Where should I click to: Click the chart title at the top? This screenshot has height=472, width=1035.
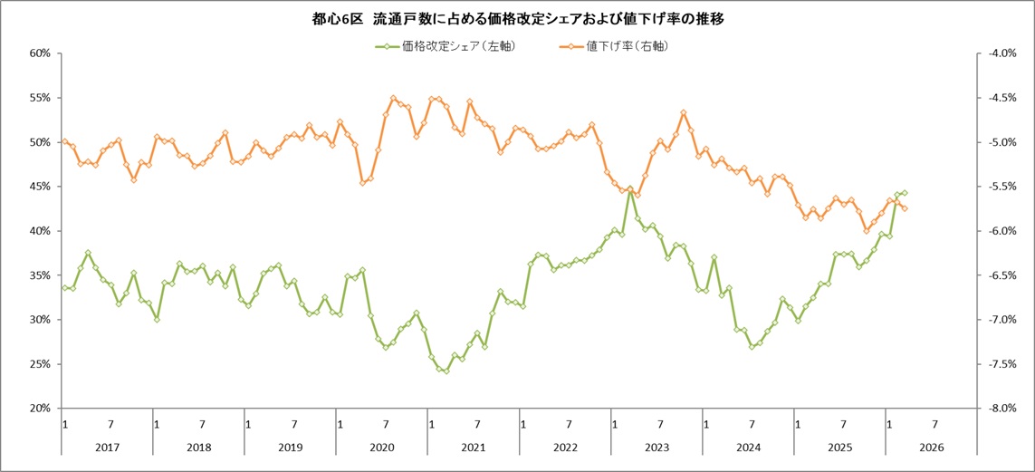[x=517, y=18]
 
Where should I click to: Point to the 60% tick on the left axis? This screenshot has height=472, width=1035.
[x=38, y=53]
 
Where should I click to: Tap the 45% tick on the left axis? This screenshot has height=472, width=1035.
[x=38, y=187]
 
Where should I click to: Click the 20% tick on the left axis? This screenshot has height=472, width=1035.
[x=38, y=409]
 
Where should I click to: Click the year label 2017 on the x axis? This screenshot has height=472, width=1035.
[x=107, y=448]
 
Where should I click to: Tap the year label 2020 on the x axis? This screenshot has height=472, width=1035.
[x=381, y=448]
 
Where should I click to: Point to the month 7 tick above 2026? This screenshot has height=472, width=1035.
[x=934, y=424]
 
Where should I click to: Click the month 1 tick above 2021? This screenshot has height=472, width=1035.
[x=431, y=424]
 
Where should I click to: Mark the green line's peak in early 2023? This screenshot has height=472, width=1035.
[x=629, y=188]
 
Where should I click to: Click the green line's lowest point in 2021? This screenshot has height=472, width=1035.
[x=446, y=371]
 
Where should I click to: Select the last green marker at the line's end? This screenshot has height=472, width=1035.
[x=905, y=193]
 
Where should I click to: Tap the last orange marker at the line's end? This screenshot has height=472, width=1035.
[x=905, y=208]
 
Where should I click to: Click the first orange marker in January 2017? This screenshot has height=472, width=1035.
[x=64, y=141]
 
